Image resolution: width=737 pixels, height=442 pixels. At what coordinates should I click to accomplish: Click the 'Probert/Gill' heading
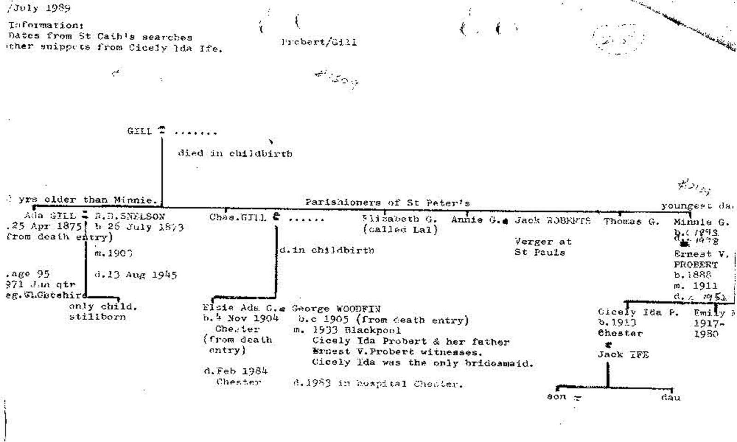319,42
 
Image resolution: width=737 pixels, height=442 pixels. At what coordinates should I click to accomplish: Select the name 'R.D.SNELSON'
129,216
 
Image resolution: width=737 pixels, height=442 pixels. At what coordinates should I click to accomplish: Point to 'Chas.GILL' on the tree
238,217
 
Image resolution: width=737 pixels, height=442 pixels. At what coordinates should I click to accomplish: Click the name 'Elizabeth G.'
399,219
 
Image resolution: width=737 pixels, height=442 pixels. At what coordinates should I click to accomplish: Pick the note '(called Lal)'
400,229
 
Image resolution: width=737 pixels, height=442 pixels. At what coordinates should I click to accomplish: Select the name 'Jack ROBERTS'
552,221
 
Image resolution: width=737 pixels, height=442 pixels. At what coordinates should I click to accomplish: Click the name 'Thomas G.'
631,221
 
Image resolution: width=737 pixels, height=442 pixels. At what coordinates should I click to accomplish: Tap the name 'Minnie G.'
701,222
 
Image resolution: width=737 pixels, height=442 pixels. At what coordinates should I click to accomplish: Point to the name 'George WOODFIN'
336,308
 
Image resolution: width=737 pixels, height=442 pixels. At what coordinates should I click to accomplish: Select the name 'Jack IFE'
623,355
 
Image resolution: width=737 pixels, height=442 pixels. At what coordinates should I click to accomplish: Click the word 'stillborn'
97,317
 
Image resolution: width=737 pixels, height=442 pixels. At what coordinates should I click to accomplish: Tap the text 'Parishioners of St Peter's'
387,203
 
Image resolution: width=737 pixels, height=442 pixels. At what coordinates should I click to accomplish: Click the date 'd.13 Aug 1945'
135,275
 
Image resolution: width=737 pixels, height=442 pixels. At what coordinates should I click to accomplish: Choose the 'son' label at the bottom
556,396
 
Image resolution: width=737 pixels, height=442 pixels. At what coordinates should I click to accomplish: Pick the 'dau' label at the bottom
670,397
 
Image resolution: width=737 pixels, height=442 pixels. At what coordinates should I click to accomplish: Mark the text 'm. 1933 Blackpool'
347,330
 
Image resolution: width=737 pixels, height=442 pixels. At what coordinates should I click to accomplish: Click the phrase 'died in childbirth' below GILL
235,153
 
